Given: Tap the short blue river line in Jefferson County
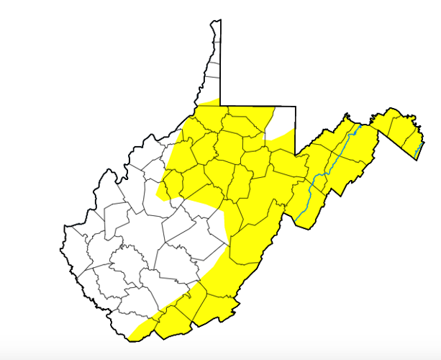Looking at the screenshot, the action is [420, 150].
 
